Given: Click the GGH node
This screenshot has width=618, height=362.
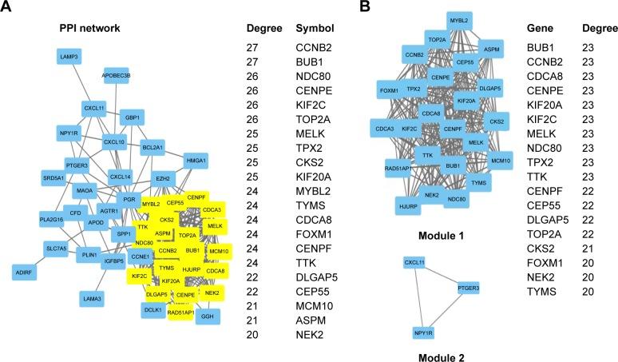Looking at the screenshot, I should [207, 316].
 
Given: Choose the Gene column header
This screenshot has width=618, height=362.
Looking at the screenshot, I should [540, 29].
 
